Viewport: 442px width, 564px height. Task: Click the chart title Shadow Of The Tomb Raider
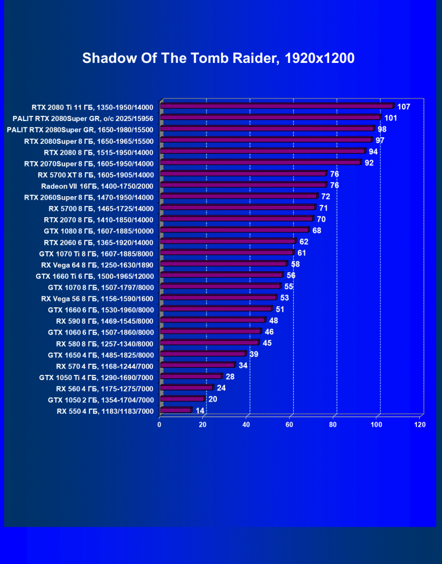pyautogui.click(x=218, y=58)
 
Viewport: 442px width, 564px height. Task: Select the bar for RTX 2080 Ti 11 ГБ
pyautogui.click(x=276, y=107)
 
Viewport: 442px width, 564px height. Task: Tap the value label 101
pyautogui.click(x=390, y=118)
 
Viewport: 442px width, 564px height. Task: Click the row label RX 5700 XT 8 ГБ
pyautogui.click(x=95, y=175)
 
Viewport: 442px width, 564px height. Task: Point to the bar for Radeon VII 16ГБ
pyautogui.click(x=243, y=186)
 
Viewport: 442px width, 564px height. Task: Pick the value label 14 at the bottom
pyautogui.click(x=200, y=410)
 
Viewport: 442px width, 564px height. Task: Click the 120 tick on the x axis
pyautogui.click(x=420, y=424)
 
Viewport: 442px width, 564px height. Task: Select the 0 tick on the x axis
pyautogui.click(x=159, y=424)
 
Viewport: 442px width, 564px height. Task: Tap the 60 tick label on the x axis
pyautogui.click(x=290, y=424)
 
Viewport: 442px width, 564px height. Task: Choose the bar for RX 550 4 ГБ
pyautogui.click(x=175, y=410)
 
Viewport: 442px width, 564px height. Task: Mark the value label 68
pyautogui.click(x=317, y=230)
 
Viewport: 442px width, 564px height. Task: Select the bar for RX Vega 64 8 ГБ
pyautogui.click(x=223, y=264)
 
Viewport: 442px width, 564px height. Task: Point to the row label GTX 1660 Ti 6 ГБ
pyautogui.click(x=94, y=275)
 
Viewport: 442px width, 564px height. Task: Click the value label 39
pyautogui.click(x=254, y=354)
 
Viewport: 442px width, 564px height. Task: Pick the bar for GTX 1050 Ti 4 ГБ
pyautogui.click(x=190, y=377)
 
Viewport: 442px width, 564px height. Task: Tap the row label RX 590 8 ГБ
pyautogui.click(x=105, y=321)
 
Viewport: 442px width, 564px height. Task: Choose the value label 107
pyautogui.click(x=404, y=107)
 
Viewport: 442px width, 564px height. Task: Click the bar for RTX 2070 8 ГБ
pyautogui.click(x=236, y=219)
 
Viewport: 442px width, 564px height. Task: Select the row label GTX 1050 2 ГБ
pyautogui.click(x=101, y=399)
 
